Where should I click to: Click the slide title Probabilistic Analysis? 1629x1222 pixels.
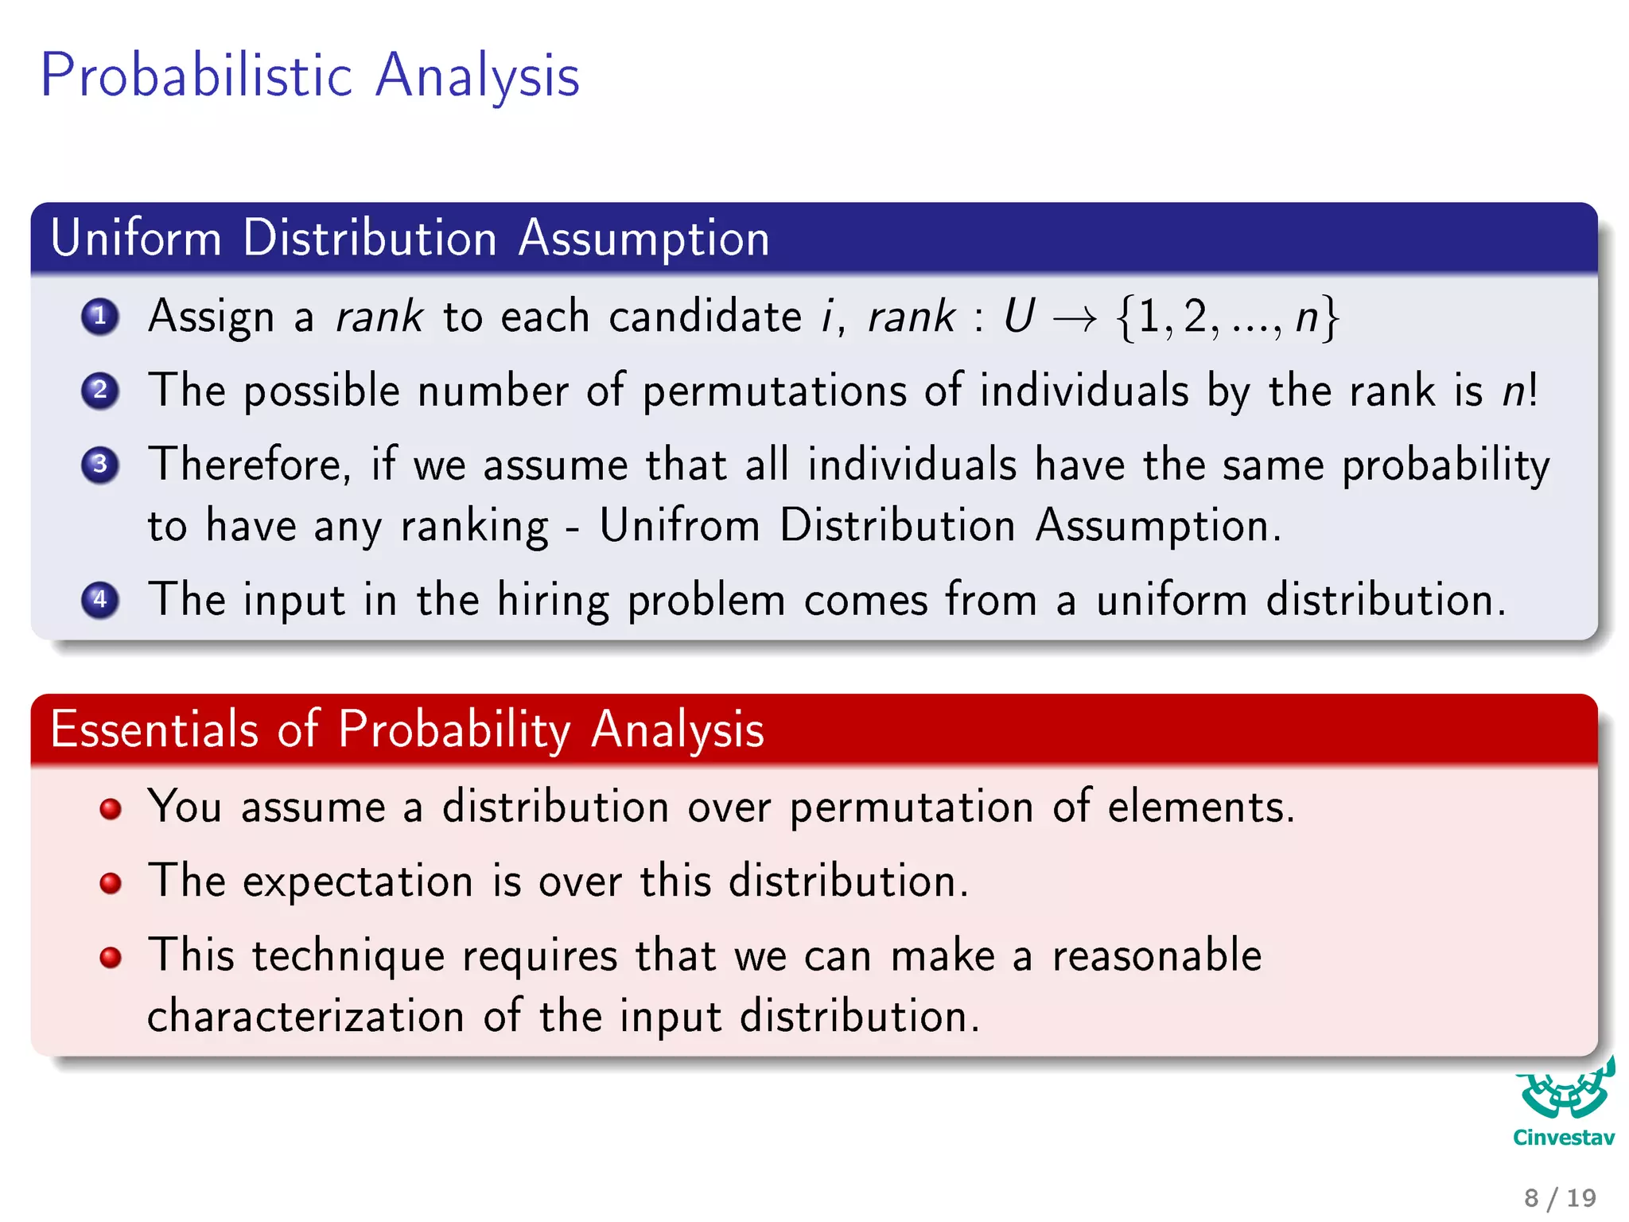pyautogui.click(x=309, y=76)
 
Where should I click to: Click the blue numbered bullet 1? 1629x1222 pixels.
pyautogui.click(x=100, y=317)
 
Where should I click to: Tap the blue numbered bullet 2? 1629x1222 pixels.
pyautogui.click(x=100, y=391)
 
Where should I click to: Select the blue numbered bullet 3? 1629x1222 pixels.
pyautogui.click(x=100, y=465)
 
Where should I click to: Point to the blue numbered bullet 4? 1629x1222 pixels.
pyautogui.click(x=100, y=600)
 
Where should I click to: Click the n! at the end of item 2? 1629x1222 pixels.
pyautogui.click(x=1520, y=391)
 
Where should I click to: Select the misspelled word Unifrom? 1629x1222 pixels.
pyautogui.click(x=679, y=526)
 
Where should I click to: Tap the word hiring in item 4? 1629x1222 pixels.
pyautogui.click(x=553, y=600)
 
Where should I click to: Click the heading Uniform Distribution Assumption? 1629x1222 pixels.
pyautogui.click(x=410, y=238)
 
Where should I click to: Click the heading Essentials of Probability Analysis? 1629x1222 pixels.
pyautogui.click(x=406, y=729)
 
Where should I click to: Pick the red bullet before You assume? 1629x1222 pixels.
pyautogui.click(x=111, y=809)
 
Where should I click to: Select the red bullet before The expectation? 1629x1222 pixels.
pyautogui.click(x=111, y=883)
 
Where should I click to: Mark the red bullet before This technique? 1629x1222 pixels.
pyautogui.click(x=111, y=957)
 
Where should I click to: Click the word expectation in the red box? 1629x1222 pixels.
pyautogui.click(x=358, y=882)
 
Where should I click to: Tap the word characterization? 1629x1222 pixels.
pyautogui.click(x=305, y=1017)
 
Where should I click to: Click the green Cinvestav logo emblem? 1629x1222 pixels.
pyautogui.click(x=1564, y=1091)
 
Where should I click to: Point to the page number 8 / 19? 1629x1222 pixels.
pyautogui.click(x=1560, y=1197)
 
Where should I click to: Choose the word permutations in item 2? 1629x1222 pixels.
pyautogui.click(x=774, y=391)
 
